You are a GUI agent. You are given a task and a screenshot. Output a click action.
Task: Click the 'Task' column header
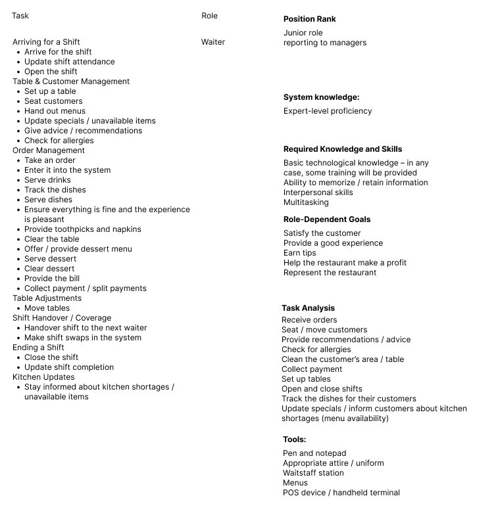click(x=20, y=16)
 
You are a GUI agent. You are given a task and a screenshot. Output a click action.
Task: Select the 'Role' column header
click(x=209, y=16)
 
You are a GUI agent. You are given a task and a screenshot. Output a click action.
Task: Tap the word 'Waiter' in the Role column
click(x=213, y=42)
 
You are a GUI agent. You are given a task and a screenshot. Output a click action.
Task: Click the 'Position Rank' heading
click(x=309, y=19)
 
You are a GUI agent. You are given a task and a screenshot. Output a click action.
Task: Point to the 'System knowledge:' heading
click(x=321, y=97)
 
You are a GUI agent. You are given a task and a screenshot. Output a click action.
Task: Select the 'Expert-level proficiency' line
click(x=328, y=111)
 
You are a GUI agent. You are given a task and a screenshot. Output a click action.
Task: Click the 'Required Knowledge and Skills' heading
click(x=343, y=149)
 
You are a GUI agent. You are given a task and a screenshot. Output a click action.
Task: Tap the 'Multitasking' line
click(x=306, y=202)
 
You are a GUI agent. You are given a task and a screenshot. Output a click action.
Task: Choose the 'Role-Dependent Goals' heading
click(x=327, y=219)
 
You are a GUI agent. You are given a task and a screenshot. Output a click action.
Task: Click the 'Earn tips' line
click(x=299, y=253)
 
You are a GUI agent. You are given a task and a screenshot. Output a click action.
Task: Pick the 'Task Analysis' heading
click(x=308, y=308)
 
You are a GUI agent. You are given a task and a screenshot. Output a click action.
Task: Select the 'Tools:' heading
click(x=295, y=439)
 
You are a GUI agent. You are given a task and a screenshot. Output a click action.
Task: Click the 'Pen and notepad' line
click(x=314, y=453)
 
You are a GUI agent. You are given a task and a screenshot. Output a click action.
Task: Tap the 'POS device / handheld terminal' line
click(x=341, y=493)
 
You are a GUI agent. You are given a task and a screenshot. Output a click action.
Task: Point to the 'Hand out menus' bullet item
click(x=55, y=111)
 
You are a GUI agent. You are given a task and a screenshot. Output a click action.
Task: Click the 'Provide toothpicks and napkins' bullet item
click(x=83, y=229)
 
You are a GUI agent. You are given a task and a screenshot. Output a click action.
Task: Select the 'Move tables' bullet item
click(x=47, y=308)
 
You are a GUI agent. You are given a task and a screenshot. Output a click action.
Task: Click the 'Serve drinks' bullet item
click(x=47, y=180)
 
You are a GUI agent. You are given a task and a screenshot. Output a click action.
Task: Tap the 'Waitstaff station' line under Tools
click(x=313, y=473)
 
